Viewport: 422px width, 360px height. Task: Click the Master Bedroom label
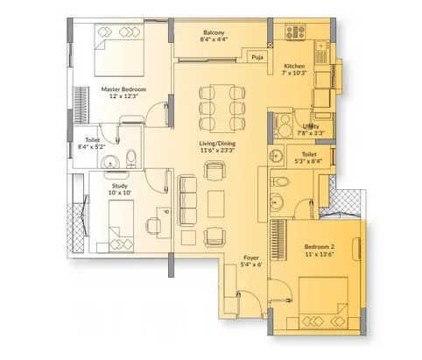point(123,89)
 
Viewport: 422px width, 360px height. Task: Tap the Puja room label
point(257,57)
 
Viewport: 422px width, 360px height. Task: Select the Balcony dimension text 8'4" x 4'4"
point(214,39)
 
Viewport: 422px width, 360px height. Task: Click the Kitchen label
point(294,67)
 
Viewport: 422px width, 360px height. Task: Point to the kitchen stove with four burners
point(295,32)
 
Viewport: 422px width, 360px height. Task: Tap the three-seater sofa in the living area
point(186,201)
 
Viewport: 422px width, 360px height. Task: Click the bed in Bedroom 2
point(323,303)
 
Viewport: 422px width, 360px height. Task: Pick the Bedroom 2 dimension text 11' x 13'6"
point(320,254)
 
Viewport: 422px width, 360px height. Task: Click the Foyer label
point(251,258)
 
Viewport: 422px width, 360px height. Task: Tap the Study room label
point(120,186)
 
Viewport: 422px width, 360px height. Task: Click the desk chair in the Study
point(153,226)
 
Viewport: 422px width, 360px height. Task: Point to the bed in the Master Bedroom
point(119,50)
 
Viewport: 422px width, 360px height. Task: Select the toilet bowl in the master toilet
point(131,159)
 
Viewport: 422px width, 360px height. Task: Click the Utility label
point(311,127)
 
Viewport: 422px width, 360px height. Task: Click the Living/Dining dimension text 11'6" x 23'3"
point(217,151)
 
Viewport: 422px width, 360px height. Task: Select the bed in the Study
point(121,226)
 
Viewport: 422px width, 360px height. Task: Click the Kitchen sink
point(322,46)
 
